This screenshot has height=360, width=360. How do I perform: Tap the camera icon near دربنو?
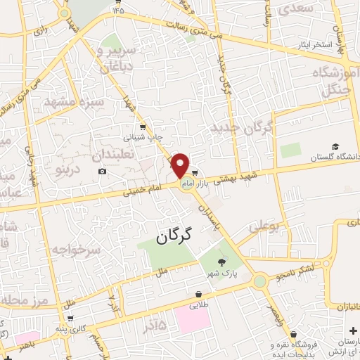click(x=103, y=172)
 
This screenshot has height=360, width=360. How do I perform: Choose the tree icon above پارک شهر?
click(x=222, y=262)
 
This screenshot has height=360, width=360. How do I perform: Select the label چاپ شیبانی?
click(x=144, y=138)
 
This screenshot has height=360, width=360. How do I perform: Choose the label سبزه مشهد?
click(x=74, y=102)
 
